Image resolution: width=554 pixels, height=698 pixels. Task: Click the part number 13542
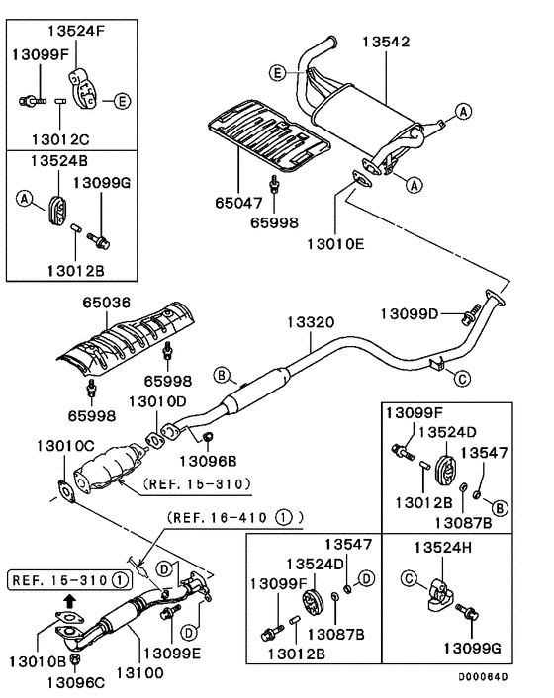(386, 42)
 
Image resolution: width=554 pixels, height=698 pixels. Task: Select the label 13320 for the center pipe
(312, 323)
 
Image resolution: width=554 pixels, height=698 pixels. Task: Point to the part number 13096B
(207, 459)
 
